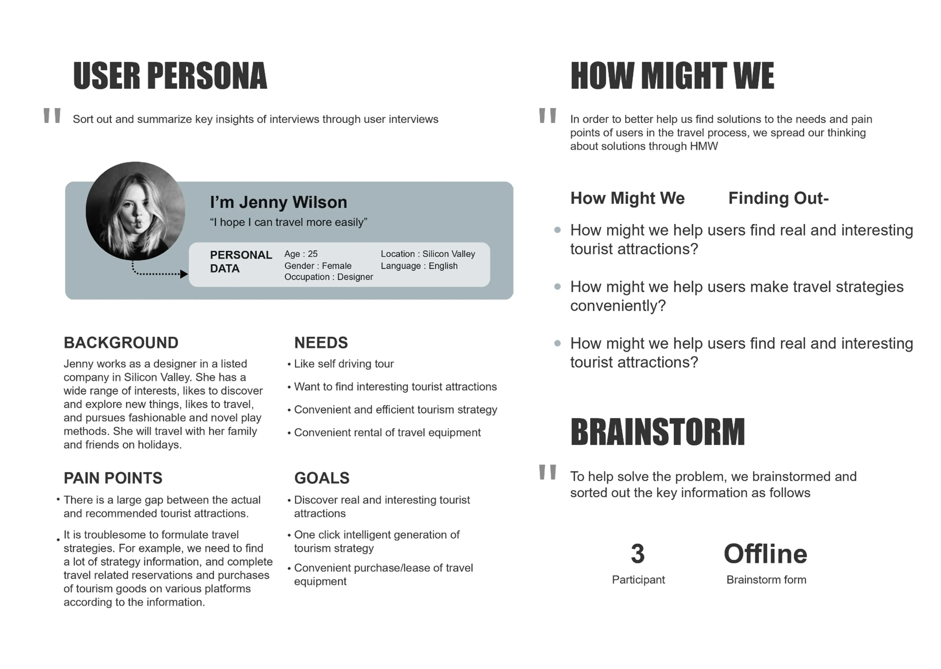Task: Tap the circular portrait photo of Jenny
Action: coord(135,211)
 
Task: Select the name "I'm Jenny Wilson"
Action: coord(278,202)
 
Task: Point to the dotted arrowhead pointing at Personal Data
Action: coord(184,274)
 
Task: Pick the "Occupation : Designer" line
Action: coord(328,277)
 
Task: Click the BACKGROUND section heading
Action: coord(121,342)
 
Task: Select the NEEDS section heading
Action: coord(321,342)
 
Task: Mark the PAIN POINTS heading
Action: coord(113,478)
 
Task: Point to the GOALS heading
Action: coord(322,478)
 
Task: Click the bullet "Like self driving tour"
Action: coord(343,364)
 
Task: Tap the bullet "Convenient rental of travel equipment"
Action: coord(387,433)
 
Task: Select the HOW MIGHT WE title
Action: coord(672,76)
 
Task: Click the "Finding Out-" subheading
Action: coord(778,198)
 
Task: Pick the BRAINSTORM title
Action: coord(657,432)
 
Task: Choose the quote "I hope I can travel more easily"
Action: coord(288,223)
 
